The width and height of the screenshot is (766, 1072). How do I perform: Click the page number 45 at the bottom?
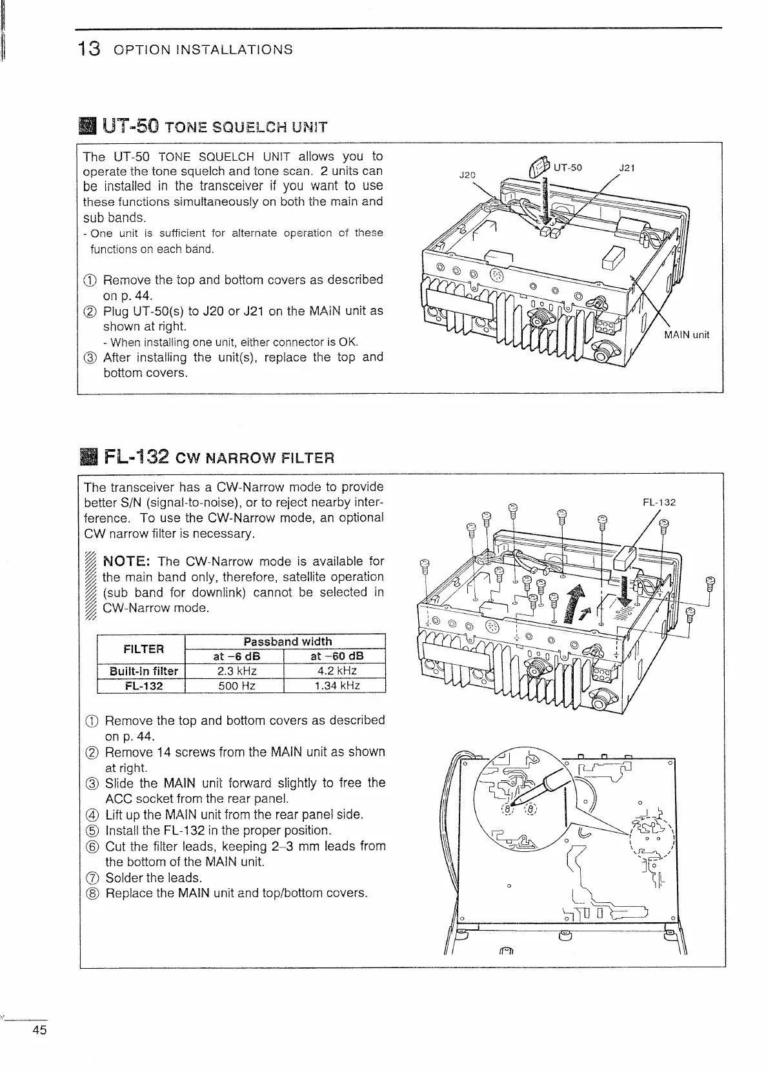39,1048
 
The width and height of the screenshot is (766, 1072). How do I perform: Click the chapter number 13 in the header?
88,49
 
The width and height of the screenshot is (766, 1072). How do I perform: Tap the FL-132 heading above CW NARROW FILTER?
134,458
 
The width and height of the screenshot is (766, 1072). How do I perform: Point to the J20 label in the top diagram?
467,174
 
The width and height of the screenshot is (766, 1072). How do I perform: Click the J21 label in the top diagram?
627,168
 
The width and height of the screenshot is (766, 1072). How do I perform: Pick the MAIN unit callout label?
687,335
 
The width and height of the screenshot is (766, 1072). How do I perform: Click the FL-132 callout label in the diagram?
659,502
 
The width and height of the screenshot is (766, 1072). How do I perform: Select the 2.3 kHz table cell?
234,671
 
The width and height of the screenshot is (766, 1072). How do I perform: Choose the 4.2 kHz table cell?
334,671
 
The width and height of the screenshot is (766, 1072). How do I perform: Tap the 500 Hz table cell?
234,685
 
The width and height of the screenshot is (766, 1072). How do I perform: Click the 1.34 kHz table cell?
334,685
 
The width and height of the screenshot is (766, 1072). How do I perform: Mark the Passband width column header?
287,642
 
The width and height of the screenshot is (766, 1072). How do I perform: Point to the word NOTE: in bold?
127,561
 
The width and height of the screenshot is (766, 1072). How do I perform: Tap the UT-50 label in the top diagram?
568,168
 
